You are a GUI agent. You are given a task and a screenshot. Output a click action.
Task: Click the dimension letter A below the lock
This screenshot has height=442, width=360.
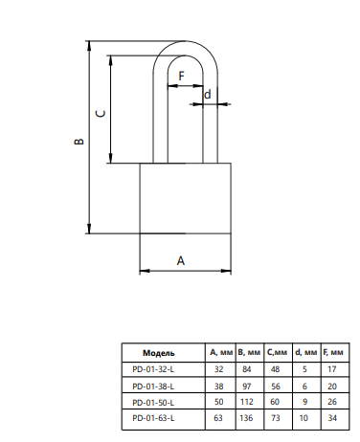(x=181, y=260)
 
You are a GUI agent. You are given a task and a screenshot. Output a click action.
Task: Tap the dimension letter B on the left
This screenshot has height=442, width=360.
(x=79, y=142)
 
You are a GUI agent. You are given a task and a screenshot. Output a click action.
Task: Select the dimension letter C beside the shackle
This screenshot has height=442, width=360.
(x=101, y=114)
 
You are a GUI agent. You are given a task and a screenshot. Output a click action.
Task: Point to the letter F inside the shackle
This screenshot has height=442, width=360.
(x=181, y=76)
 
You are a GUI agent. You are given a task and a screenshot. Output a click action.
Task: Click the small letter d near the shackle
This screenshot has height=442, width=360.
(x=208, y=95)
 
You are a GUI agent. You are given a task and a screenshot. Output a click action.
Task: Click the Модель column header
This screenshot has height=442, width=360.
(x=159, y=353)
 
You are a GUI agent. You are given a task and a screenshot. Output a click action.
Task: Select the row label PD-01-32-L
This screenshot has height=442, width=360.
(x=153, y=369)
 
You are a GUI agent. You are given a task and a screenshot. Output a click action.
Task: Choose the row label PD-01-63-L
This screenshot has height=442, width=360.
(x=153, y=418)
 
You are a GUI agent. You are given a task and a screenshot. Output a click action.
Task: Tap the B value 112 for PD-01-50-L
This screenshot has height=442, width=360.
(x=247, y=402)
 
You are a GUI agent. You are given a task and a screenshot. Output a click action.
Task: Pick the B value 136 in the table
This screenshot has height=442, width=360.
(x=246, y=418)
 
